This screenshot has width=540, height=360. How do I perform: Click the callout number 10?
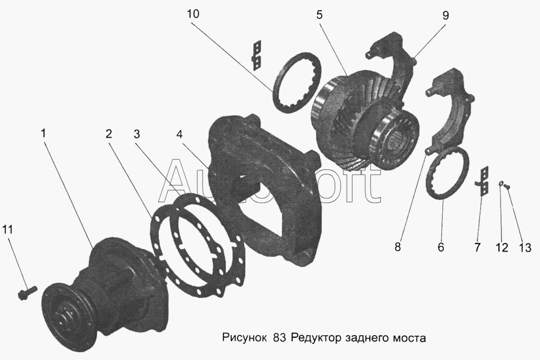pyautogui.click(x=193, y=14)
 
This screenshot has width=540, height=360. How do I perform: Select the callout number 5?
pyautogui.click(x=320, y=15)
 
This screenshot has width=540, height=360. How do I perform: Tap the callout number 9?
pyautogui.click(x=446, y=15)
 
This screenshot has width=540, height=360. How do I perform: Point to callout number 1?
pyautogui.click(x=43, y=133)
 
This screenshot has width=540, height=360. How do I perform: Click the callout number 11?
pyautogui.click(x=8, y=229)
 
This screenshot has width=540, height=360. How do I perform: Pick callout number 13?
pyautogui.click(x=525, y=247)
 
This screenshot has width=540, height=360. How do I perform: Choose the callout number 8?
pyautogui.click(x=398, y=247)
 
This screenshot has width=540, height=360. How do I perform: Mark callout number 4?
pyautogui.click(x=179, y=134)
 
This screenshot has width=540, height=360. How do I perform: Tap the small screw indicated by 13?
pyautogui.click(x=507, y=186)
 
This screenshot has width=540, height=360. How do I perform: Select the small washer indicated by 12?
pyautogui.click(x=501, y=184)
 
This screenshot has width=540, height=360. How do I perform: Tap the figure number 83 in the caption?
pyautogui.click(x=279, y=338)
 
